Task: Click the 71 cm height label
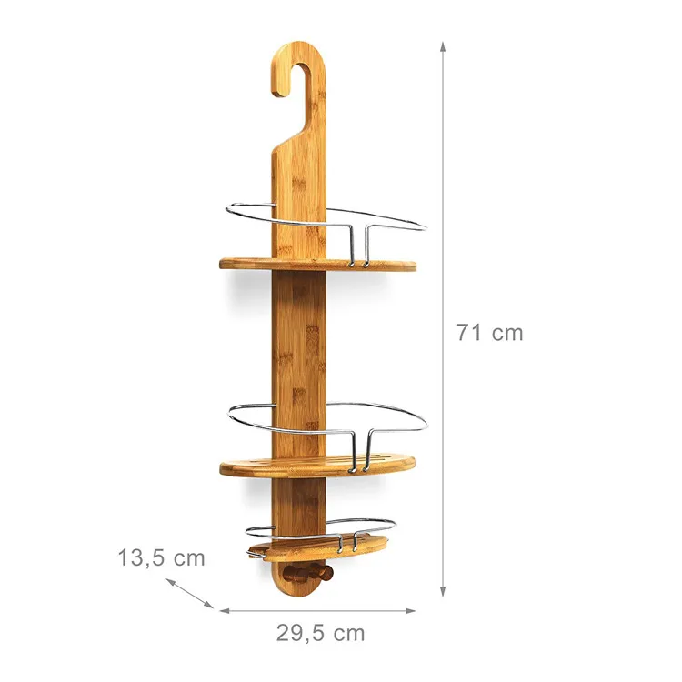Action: coord(489,333)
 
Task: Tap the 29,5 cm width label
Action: coord(319,633)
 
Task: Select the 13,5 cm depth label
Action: coord(160,557)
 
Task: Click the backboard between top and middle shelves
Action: coord(300,346)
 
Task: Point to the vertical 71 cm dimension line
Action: coord(443,227)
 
